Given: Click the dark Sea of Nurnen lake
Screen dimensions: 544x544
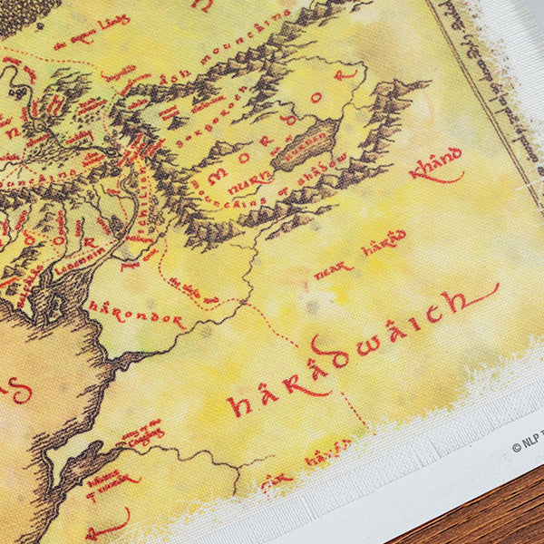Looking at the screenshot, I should [x=304, y=144].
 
